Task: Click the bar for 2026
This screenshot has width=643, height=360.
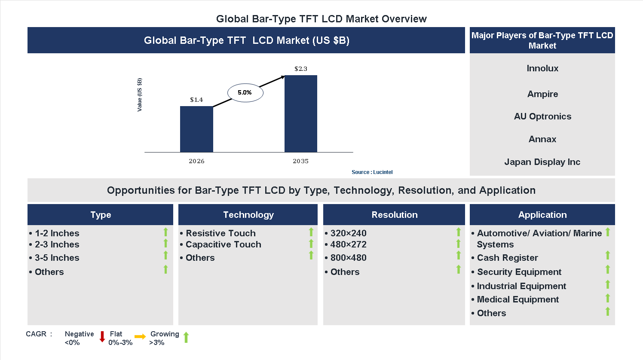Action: (196, 129)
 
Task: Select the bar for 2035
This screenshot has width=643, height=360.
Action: (300, 114)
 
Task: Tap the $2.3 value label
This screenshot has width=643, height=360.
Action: (300, 69)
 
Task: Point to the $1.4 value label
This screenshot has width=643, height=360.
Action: (196, 100)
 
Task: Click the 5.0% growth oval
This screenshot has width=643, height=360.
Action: (245, 92)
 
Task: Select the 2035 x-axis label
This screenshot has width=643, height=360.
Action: (300, 161)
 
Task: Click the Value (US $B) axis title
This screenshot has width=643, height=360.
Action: (139, 95)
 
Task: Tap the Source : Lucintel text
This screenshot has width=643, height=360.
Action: (372, 172)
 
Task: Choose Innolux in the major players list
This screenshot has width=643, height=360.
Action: (542, 68)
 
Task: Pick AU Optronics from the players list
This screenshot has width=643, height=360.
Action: (542, 116)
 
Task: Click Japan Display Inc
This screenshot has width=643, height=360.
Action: (542, 162)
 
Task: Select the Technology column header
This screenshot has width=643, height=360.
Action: (248, 215)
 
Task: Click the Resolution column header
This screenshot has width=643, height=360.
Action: (394, 215)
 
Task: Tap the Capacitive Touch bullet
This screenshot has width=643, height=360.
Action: (223, 244)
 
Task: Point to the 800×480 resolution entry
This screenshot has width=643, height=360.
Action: (348, 258)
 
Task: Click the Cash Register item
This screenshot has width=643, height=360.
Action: (507, 258)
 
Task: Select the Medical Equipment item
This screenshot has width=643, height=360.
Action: (517, 299)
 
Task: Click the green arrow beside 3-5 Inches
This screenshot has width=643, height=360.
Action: (165, 256)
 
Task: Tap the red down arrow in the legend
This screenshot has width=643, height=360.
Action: (102, 337)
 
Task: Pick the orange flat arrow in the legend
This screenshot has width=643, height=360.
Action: (140, 337)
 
